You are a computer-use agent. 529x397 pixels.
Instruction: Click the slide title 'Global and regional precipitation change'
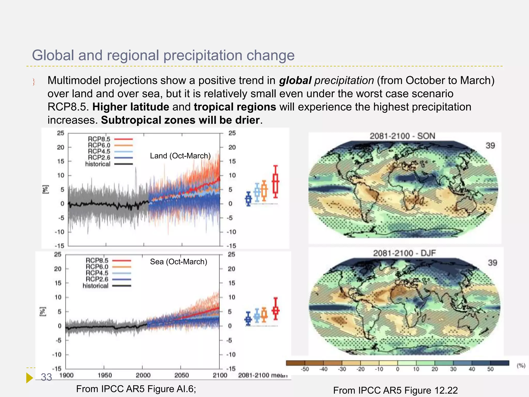pyautogui.click(x=163, y=55)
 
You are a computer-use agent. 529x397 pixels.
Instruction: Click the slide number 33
pyautogui.click(x=46, y=377)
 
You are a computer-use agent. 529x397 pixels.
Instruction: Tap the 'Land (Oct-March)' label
pyautogui.click(x=180, y=156)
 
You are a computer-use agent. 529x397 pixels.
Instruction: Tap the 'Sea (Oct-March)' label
pyautogui.click(x=178, y=262)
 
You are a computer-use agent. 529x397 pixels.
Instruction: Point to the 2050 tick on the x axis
pyautogui.click(x=182, y=375)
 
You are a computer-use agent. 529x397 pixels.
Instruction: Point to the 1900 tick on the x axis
pyautogui.click(x=66, y=375)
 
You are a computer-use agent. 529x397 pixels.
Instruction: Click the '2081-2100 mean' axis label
pyautogui.click(x=262, y=375)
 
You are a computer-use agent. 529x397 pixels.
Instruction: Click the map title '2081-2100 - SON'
pyautogui.click(x=402, y=136)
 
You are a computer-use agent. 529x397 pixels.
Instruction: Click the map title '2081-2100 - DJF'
pyautogui.click(x=404, y=253)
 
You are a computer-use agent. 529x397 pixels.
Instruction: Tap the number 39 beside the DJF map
pyautogui.click(x=492, y=263)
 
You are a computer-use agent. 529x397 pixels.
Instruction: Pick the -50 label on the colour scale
pyautogui.click(x=305, y=369)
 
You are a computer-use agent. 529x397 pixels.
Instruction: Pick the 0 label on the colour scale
pyautogui.click(x=398, y=369)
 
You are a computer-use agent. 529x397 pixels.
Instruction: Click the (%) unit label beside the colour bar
pyautogui.click(x=521, y=365)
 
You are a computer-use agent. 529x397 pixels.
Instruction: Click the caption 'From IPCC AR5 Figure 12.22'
pyautogui.click(x=395, y=390)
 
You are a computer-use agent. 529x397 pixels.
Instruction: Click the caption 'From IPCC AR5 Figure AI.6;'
pyautogui.click(x=136, y=389)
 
